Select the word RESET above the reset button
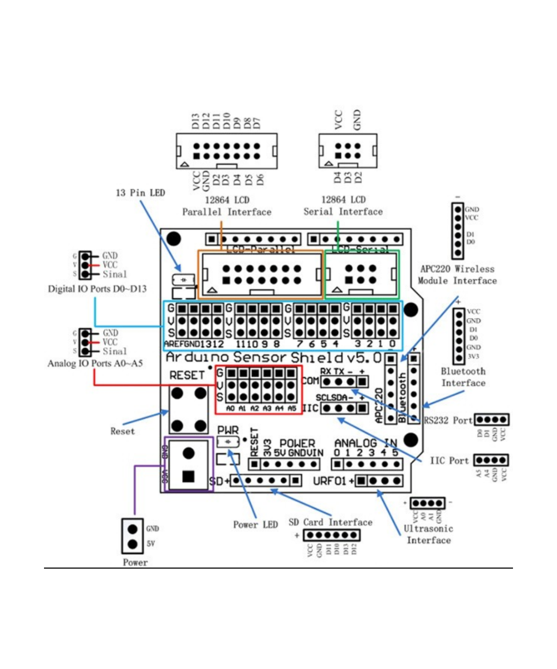tap(187, 375)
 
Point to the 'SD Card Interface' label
tap(330, 522)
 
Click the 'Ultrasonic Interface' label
tap(428, 534)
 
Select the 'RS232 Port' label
tap(447, 419)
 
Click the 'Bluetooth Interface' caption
tap(463, 377)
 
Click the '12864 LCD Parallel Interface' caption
tap(227, 206)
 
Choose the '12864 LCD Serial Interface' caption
tap(343, 206)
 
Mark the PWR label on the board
tap(227, 430)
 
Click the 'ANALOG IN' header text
tap(366, 443)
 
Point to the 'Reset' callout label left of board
tap(123, 431)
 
